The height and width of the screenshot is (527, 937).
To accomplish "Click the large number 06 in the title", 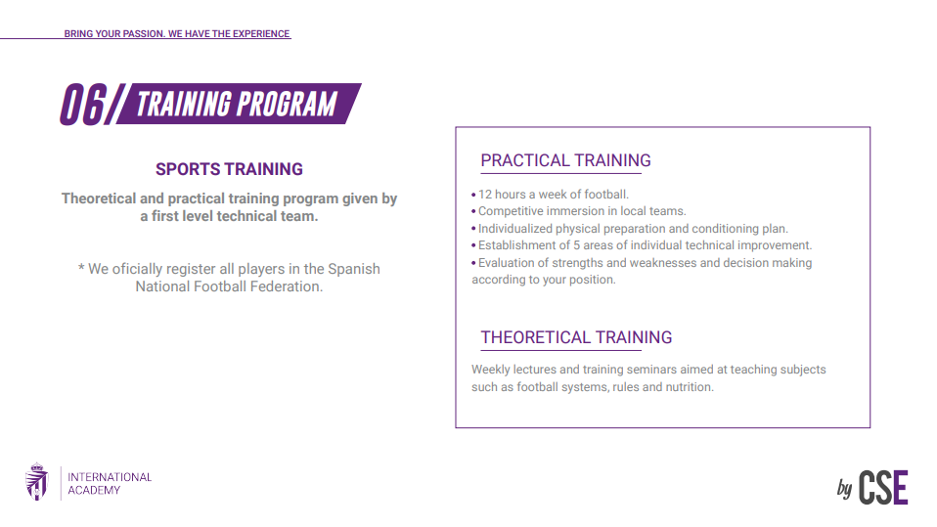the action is [x=84, y=105].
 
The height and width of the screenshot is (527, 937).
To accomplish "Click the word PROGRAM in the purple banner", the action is [x=289, y=104].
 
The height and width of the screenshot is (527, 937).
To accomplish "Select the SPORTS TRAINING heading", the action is [x=229, y=169].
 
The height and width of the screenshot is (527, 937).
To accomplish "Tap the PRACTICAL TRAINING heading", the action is [x=565, y=160].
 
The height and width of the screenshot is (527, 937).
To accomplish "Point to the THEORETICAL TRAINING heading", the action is [x=576, y=337].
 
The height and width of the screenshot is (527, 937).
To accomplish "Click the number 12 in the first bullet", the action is [x=485, y=195].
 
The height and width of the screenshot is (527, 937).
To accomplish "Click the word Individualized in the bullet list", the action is [x=515, y=228].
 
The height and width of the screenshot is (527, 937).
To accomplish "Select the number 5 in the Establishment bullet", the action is [x=577, y=245].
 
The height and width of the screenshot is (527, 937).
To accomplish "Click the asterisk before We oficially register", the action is [x=81, y=268].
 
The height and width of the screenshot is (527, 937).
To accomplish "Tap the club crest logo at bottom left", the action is [x=37, y=481].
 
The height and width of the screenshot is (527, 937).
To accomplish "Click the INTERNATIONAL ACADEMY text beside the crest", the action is [x=110, y=483].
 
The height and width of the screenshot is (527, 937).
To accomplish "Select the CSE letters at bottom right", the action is [x=883, y=487].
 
